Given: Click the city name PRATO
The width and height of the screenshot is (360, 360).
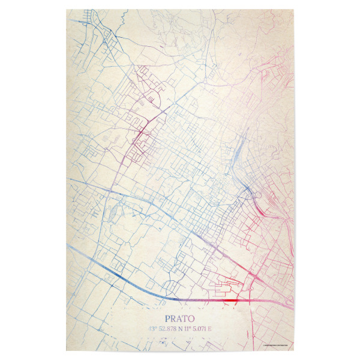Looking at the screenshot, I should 180,319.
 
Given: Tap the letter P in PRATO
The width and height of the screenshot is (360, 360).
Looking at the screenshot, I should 168,319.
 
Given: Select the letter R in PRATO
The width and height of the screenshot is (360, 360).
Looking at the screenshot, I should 174,319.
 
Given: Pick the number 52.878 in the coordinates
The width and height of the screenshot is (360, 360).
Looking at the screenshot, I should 164,328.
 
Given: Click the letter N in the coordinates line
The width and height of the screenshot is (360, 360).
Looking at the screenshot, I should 178,328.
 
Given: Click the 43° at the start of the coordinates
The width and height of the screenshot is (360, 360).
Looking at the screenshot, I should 149,328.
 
